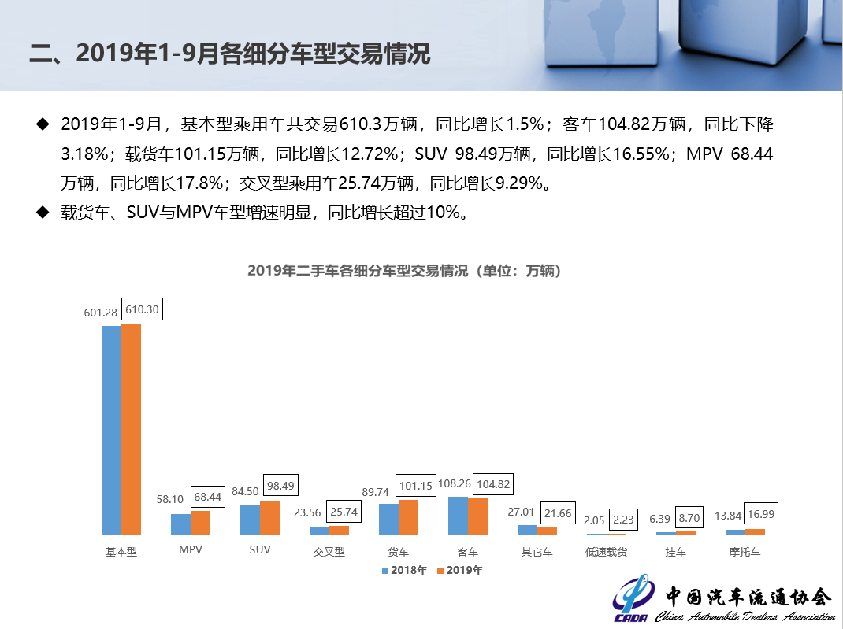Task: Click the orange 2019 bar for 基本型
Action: coord(131,429)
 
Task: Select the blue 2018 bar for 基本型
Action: coord(111,430)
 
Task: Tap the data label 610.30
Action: coord(142,309)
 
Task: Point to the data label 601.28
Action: coord(101,313)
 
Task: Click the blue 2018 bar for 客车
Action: coord(458,516)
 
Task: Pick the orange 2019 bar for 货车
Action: coord(408,517)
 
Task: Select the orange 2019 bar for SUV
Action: coord(269,518)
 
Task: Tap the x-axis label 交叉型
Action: coord(329,552)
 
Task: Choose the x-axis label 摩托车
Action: coord(745,552)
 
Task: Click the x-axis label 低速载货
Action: coord(606,552)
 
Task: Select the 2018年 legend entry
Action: coord(404,570)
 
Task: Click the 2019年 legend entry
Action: coord(459,570)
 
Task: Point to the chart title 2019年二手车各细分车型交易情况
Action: coord(404,270)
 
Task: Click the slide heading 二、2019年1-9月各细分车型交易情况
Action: coord(229,54)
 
